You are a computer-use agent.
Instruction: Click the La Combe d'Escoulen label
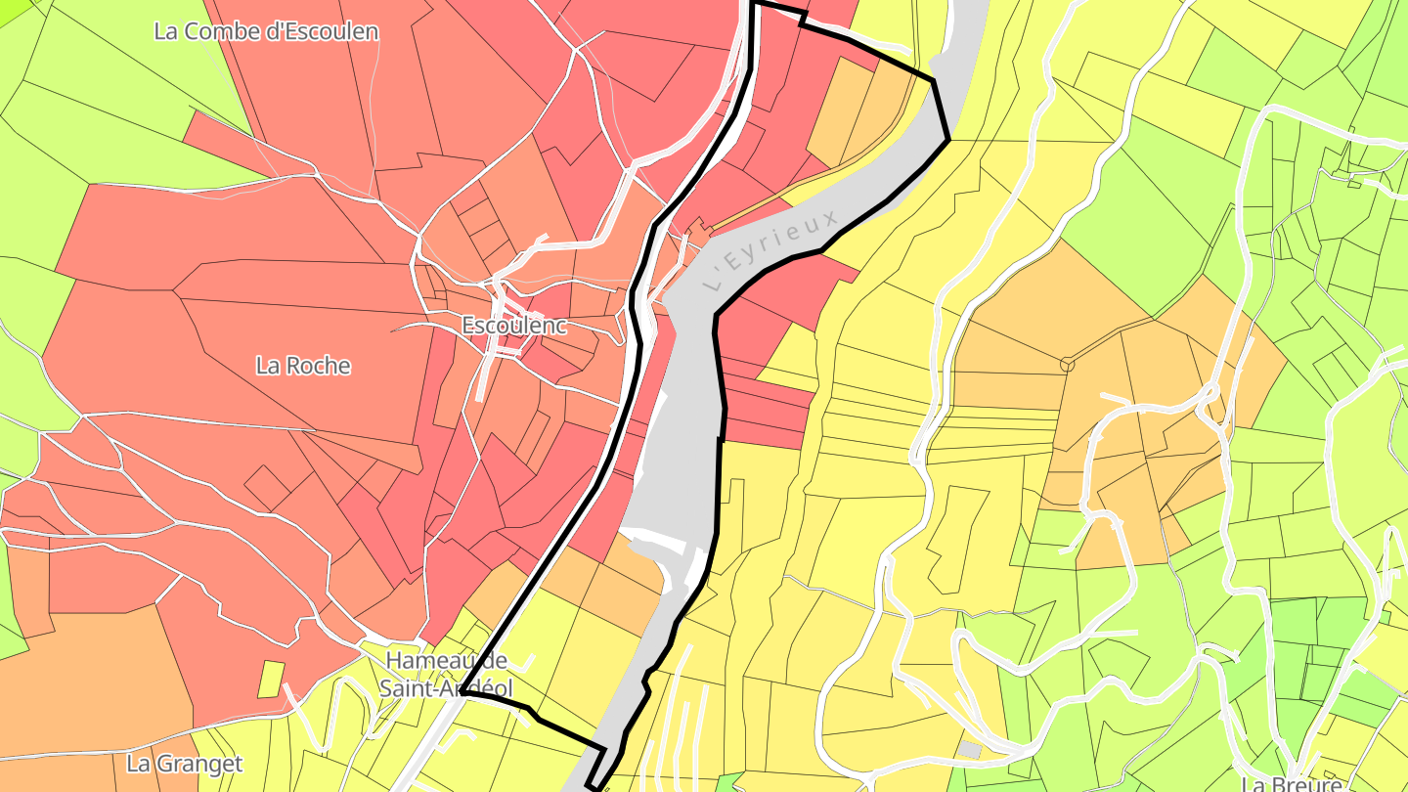(266, 31)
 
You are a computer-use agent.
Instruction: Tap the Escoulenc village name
(514, 326)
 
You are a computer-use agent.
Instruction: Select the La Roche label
(303, 366)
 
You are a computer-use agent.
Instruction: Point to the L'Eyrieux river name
(771, 248)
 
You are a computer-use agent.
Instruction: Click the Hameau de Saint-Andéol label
(446, 674)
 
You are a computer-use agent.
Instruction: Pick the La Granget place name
(185, 763)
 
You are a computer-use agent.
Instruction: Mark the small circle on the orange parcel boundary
(1067, 365)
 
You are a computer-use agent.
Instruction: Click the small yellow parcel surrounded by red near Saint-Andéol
(272, 679)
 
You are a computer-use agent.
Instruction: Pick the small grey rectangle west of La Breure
(969, 749)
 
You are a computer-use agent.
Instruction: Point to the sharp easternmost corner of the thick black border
(948, 140)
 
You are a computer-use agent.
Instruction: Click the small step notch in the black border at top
(803, 18)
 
